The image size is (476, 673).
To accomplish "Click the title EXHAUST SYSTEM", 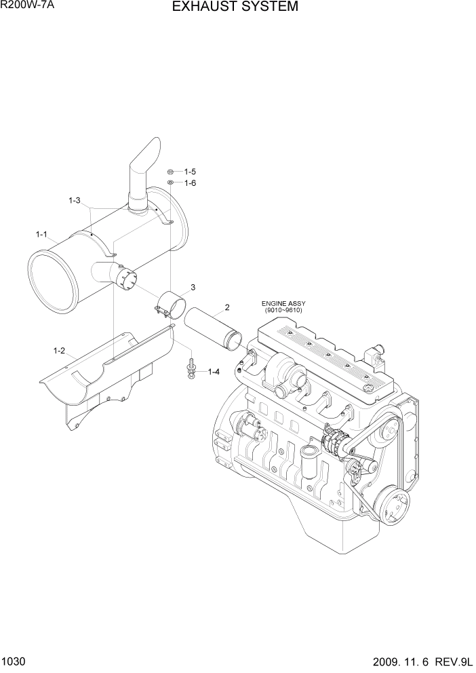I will (x=235, y=7).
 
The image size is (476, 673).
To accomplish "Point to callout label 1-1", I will (x=41, y=235).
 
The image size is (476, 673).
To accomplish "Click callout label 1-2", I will (x=59, y=351).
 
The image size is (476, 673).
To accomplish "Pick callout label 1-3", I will (x=74, y=200).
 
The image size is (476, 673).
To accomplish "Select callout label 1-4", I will (x=214, y=371).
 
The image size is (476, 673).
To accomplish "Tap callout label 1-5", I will (x=189, y=172).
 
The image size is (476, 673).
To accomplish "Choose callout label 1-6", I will (x=189, y=183).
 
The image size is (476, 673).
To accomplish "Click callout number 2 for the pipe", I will (x=227, y=307).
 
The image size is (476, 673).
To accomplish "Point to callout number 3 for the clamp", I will (x=193, y=288).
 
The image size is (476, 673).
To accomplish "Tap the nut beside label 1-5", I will (x=172, y=172).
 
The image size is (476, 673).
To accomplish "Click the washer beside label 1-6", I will (x=172, y=183).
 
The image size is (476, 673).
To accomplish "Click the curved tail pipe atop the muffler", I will (x=145, y=170).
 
